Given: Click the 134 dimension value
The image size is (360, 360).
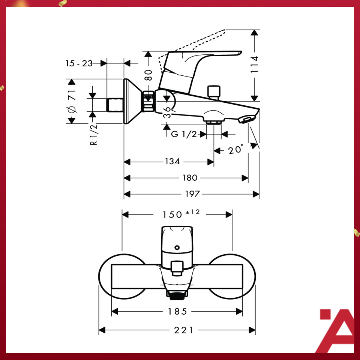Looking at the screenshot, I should [x=172, y=162].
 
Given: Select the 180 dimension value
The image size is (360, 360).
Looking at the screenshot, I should [x=189, y=178].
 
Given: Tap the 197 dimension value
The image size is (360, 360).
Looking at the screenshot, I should [x=192, y=194].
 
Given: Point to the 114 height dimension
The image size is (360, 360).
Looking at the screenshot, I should [x=255, y=64].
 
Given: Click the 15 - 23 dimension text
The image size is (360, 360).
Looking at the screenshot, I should [x=79, y=63].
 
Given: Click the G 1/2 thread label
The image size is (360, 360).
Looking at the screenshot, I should [x=184, y=134].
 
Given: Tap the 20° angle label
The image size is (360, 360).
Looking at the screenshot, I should [x=236, y=150].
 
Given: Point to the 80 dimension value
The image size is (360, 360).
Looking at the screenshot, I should [x=148, y=75].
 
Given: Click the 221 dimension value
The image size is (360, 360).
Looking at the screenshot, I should [x=184, y=330].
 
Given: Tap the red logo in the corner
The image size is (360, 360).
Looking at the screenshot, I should [x=335, y=331].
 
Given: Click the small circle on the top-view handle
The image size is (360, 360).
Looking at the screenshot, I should [x=177, y=248].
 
